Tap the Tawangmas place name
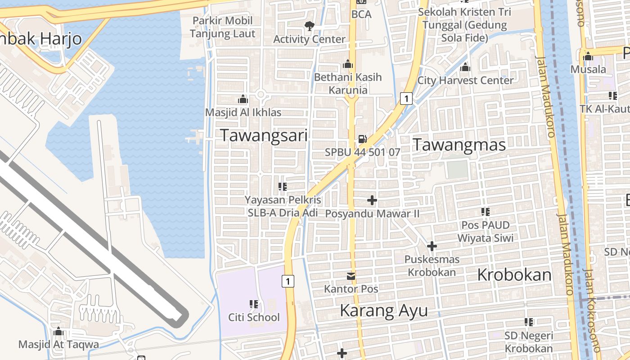click(459, 144)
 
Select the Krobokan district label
click(514, 274)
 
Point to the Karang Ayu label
click(383, 310)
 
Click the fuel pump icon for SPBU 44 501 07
click(362, 139)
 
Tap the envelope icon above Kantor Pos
click(351, 276)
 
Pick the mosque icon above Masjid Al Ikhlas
click(243, 99)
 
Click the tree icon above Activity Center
click(309, 26)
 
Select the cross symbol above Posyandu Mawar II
click(372, 200)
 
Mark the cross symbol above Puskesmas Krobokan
click(432, 246)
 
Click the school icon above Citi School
click(253, 304)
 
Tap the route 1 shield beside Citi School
click(288, 281)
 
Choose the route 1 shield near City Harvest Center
click(406, 98)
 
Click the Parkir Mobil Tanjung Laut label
click(222, 27)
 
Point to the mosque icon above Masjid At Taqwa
click(58, 332)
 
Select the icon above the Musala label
click(588, 56)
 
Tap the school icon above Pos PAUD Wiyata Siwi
click(485, 211)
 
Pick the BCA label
click(361, 14)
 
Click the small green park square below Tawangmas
click(457, 169)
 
